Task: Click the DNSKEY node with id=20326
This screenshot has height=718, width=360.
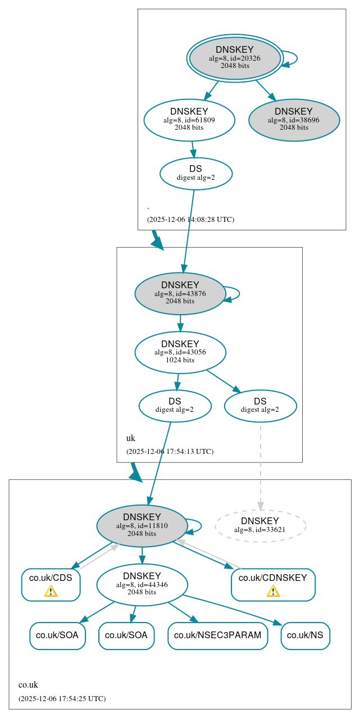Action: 235,58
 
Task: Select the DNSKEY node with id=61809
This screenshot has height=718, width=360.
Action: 189,120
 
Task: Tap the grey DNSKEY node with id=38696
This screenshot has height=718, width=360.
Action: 294,120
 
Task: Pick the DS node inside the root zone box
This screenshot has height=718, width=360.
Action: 195,173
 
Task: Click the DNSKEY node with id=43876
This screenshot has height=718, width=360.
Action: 180,293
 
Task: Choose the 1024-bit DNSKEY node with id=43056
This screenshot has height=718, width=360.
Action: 180,352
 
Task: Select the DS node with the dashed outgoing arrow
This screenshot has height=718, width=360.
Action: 260,406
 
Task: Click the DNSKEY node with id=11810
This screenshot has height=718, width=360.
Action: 142,526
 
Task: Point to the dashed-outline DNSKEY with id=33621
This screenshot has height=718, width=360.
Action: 260,526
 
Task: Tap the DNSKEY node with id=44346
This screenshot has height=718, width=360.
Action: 142,585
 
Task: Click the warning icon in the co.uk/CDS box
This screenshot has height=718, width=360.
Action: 51,591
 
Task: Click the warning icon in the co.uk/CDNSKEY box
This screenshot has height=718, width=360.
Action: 273,591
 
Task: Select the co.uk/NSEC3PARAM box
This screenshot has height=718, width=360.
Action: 217,635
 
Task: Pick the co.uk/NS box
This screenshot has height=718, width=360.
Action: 305,635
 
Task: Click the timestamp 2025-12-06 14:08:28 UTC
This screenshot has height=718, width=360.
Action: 190,219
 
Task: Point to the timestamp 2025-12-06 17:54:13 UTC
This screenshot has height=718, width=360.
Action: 170,451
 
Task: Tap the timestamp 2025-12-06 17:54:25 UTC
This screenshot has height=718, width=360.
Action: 62,698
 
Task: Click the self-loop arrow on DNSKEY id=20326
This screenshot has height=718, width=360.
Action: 295,58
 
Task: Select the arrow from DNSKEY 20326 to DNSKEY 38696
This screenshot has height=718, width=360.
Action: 265,90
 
